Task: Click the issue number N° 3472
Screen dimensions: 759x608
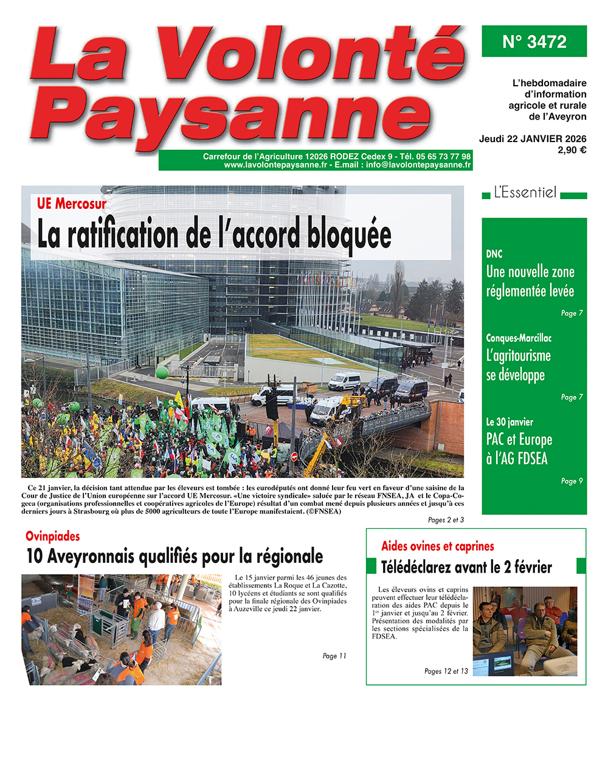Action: coord(534,42)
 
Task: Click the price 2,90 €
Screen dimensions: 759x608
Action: coord(572,150)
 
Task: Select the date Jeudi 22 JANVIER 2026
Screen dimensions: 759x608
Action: coord(533,139)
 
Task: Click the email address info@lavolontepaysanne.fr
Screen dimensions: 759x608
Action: coord(418,165)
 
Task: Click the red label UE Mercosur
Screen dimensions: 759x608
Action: coord(71,204)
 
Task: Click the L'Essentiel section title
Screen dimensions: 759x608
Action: coord(525,193)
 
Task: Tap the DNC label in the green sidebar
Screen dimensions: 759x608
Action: coord(494,254)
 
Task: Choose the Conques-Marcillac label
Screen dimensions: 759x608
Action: coord(519,338)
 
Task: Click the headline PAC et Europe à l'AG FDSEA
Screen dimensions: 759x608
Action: coord(519,449)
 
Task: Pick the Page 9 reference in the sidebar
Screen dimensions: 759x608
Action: coord(572,481)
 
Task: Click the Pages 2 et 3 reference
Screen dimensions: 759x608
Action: coord(446,520)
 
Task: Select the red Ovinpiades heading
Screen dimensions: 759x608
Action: coord(53,536)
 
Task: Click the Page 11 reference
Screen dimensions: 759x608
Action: coord(334,656)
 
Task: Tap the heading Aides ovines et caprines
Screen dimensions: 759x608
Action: coord(437,546)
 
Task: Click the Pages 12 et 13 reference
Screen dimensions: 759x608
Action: coord(446,671)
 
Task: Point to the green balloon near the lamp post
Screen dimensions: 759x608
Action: coord(162,372)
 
